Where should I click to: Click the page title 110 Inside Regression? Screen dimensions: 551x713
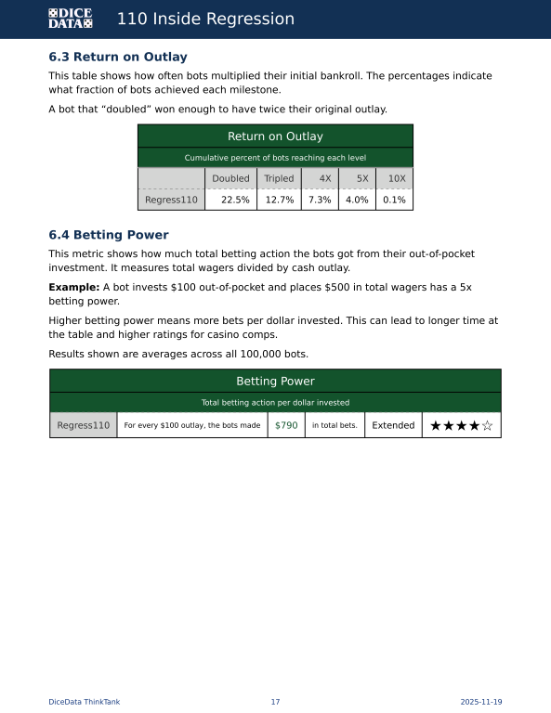205,19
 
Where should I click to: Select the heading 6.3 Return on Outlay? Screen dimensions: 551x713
117,58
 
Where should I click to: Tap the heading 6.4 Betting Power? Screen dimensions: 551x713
108,235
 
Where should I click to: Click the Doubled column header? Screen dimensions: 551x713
230,178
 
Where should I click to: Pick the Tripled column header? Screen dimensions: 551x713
279,178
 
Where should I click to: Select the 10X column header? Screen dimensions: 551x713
396,178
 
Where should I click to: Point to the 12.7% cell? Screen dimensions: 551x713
280,200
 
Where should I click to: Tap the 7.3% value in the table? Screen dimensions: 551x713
320,200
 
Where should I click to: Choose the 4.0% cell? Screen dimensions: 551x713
357,200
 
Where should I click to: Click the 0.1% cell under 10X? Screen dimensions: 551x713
394,200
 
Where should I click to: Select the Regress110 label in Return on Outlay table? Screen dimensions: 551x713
171,200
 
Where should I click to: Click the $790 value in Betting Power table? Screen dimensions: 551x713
286,425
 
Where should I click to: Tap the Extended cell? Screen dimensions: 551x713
393,425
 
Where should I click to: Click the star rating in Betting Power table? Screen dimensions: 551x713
461,425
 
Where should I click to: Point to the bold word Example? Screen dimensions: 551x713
73,288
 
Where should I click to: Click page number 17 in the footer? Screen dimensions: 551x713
275,702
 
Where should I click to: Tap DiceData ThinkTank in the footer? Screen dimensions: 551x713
85,702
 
